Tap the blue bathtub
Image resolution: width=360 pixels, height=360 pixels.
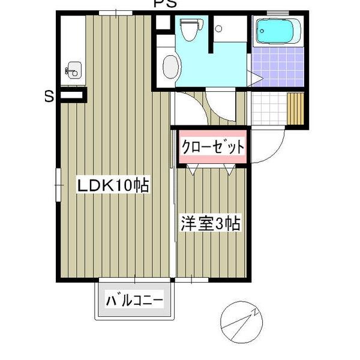click(x=277, y=32)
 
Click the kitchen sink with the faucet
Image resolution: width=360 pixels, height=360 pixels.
click(x=73, y=70)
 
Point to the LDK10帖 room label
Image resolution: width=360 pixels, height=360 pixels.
click(x=112, y=187)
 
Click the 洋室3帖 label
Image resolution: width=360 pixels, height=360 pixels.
click(x=211, y=224)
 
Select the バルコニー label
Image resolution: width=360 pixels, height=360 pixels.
click(x=135, y=299)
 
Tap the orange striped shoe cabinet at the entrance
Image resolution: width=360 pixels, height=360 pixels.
click(x=297, y=109)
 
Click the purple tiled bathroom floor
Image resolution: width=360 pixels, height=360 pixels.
click(x=278, y=67)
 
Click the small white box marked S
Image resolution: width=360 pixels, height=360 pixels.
click(x=73, y=94)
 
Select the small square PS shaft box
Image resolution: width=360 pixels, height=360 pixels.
click(x=163, y=23)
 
